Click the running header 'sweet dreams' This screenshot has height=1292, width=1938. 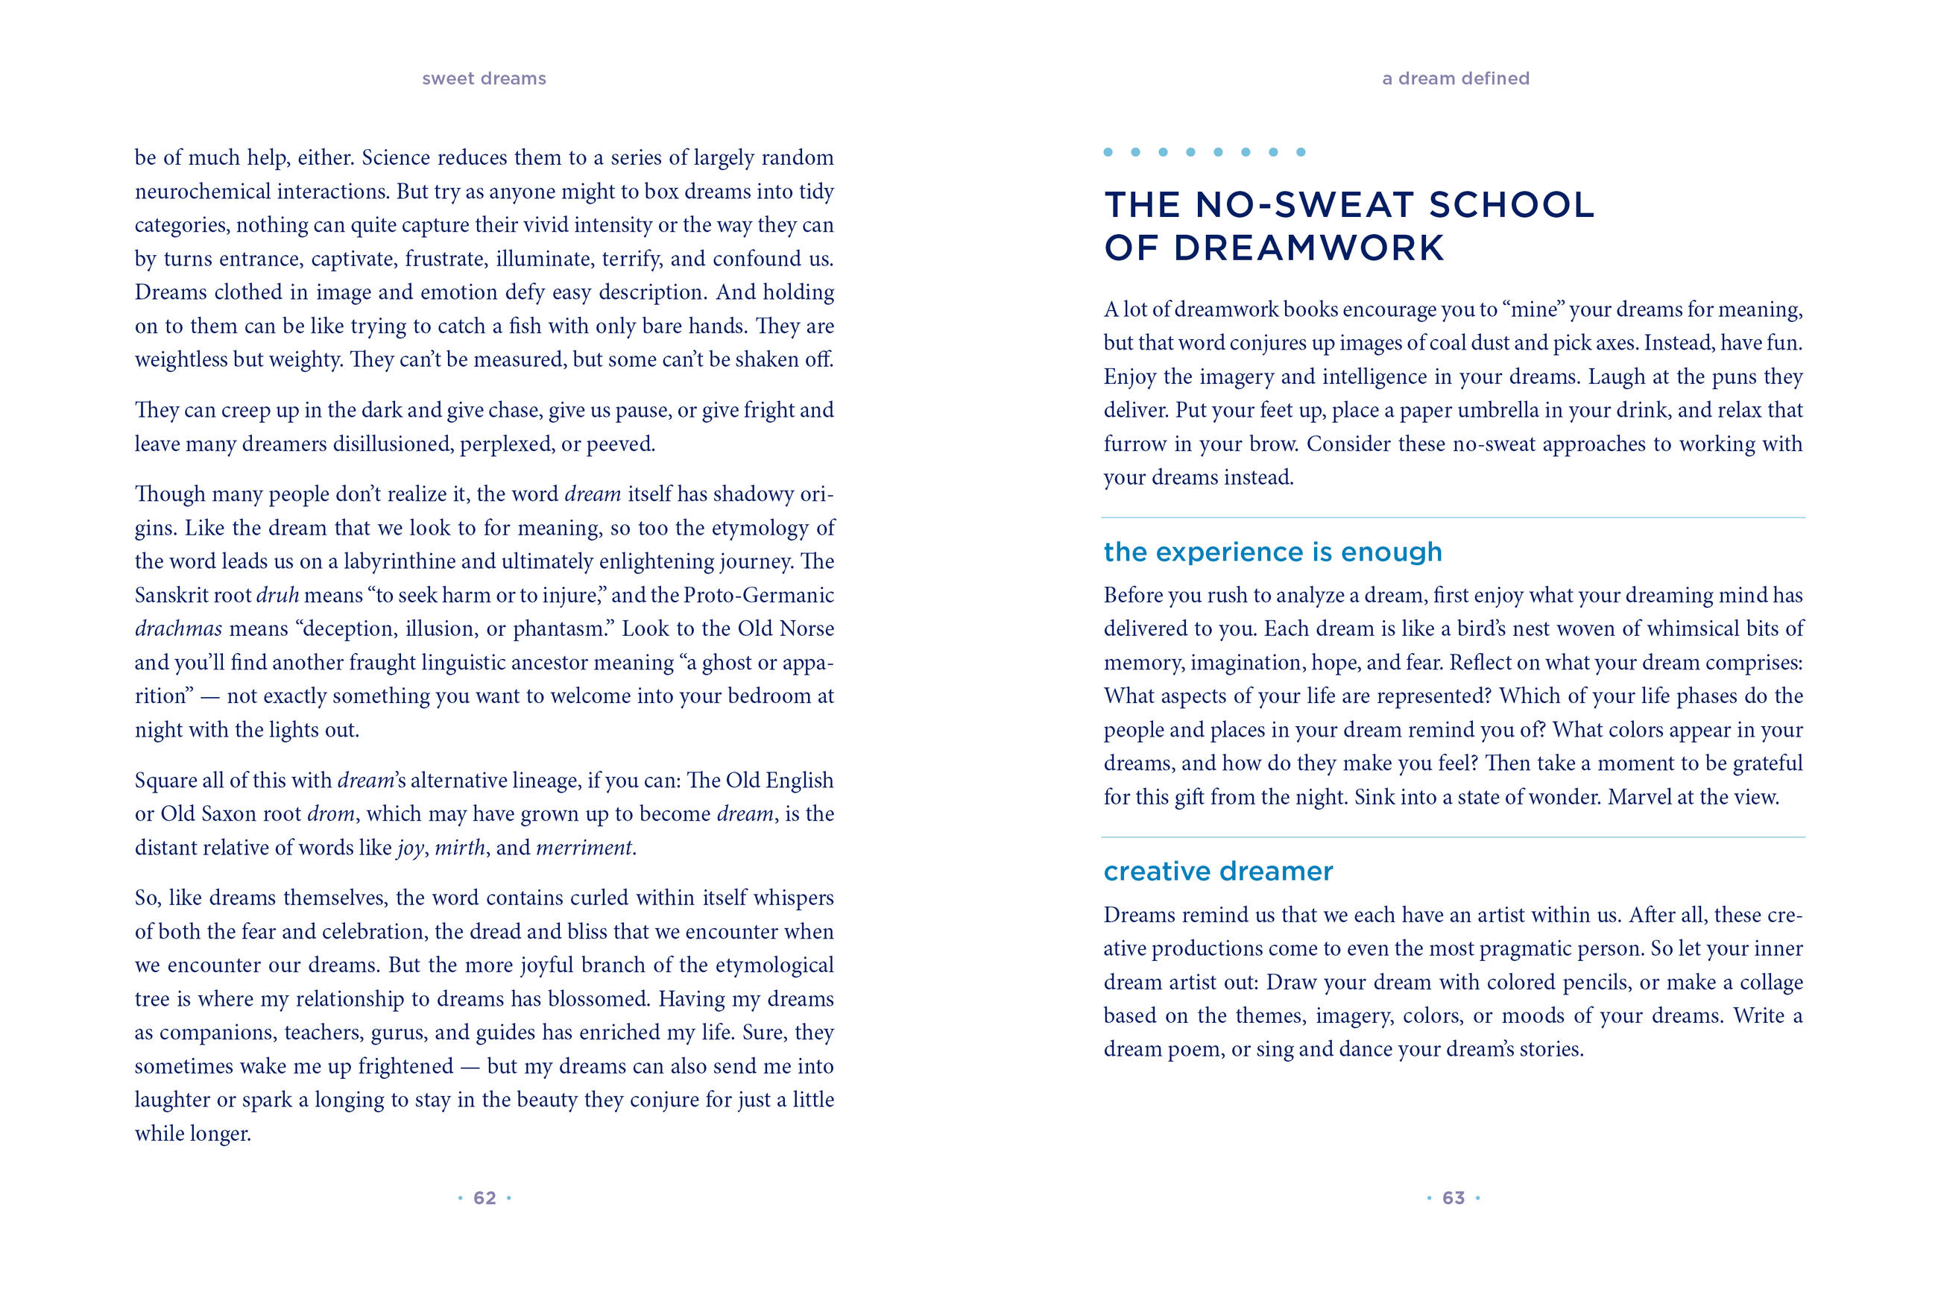coord(484,78)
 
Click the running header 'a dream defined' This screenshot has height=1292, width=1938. coord(1454,78)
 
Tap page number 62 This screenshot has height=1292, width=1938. coord(484,1197)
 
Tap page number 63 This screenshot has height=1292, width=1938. coord(1453,1197)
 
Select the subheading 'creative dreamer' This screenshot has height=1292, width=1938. coord(1217,871)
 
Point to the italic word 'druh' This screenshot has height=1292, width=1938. coord(277,595)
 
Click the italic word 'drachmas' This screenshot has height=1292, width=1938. coord(178,628)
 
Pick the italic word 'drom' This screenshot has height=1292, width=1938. coord(330,814)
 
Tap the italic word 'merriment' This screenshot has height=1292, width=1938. coord(584,848)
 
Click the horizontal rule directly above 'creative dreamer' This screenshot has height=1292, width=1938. coord(1453,837)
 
